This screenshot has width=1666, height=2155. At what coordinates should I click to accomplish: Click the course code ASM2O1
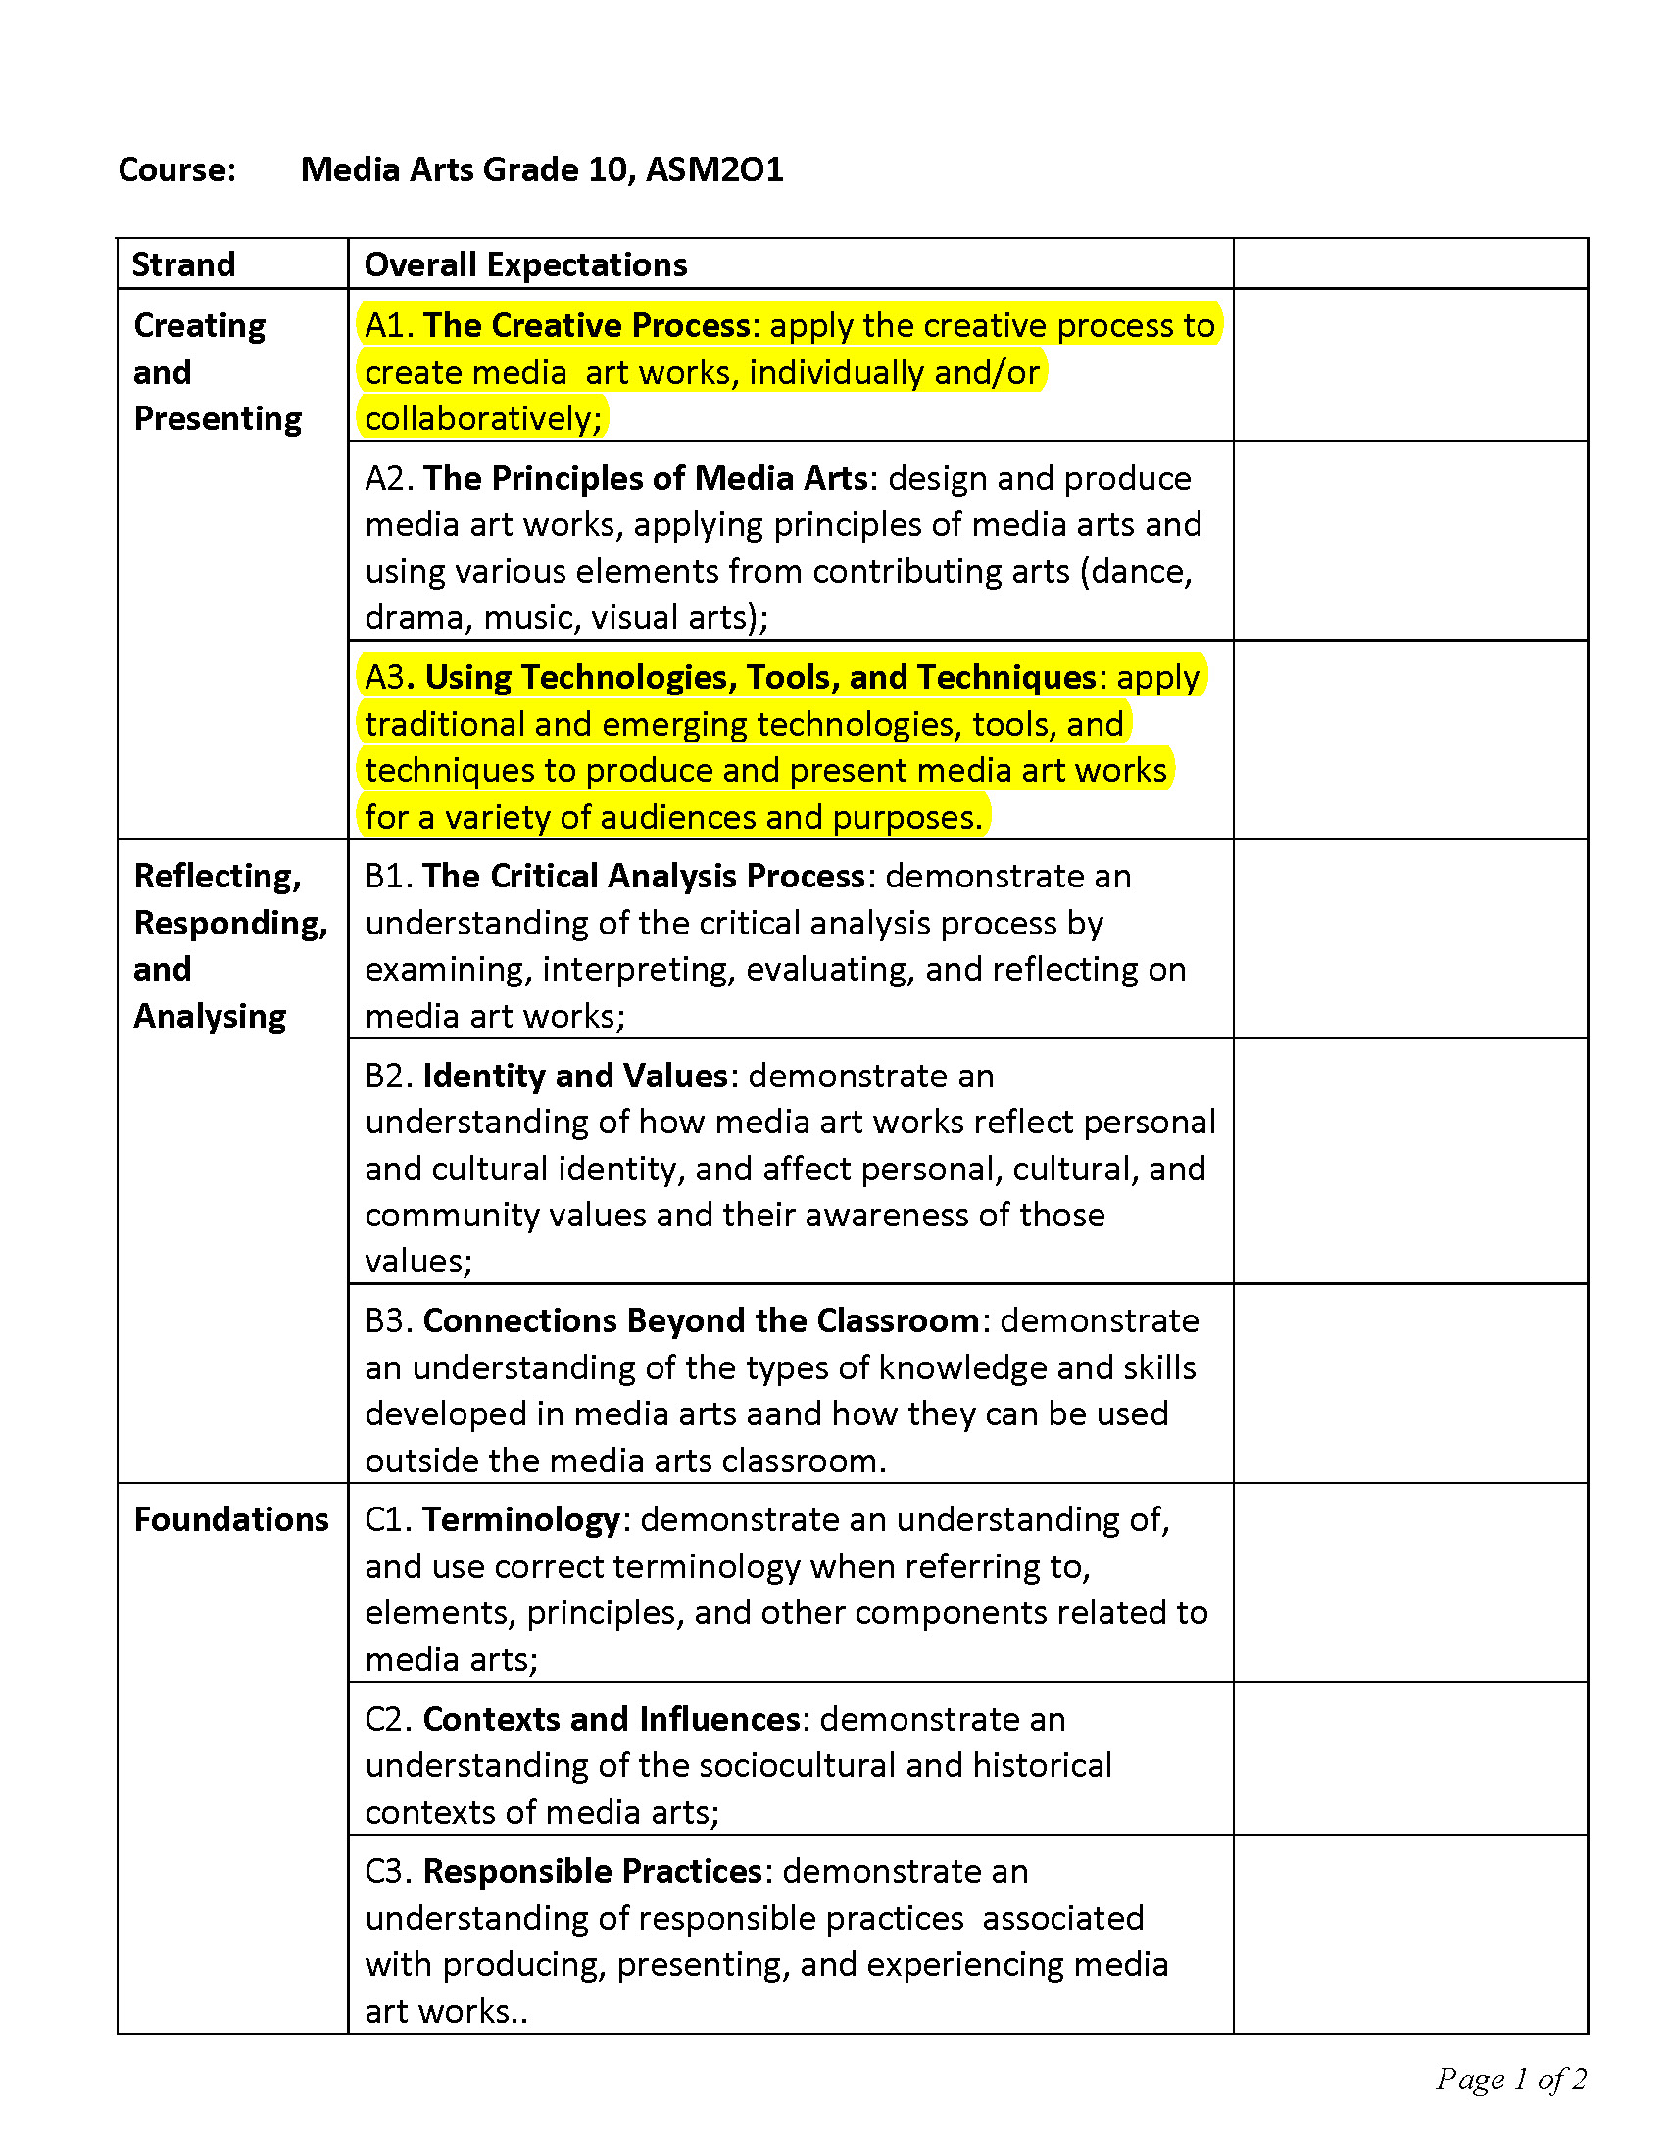tap(714, 169)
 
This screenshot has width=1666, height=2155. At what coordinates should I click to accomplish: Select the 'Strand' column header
tap(183, 264)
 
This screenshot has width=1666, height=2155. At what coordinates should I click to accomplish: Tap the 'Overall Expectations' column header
tap(525, 264)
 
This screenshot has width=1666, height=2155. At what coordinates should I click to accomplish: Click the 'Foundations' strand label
tap(231, 1519)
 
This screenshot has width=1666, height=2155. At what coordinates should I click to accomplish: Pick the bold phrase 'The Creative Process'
tap(586, 325)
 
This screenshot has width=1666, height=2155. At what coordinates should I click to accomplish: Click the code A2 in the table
tap(389, 479)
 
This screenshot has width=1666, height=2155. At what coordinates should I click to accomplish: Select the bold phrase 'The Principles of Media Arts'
tap(646, 479)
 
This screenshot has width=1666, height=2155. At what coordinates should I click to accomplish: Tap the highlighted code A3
tap(386, 677)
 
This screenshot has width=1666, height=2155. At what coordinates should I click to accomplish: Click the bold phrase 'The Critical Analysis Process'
tap(644, 877)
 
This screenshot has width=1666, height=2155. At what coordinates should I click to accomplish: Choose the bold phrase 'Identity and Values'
tap(575, 1076)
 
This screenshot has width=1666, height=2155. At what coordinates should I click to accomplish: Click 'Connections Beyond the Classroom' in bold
tap(701, 1321)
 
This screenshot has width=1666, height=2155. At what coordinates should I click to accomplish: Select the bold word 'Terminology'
tap(521, 1520)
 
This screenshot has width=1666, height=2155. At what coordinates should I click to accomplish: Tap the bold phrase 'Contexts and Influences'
tap(611, 1720)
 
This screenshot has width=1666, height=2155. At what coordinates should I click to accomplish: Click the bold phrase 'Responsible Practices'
tap(592, 1872)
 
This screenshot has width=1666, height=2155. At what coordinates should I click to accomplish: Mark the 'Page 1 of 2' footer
tap(1510, 2079)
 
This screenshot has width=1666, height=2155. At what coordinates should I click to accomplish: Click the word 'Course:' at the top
tap(177, 169)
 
